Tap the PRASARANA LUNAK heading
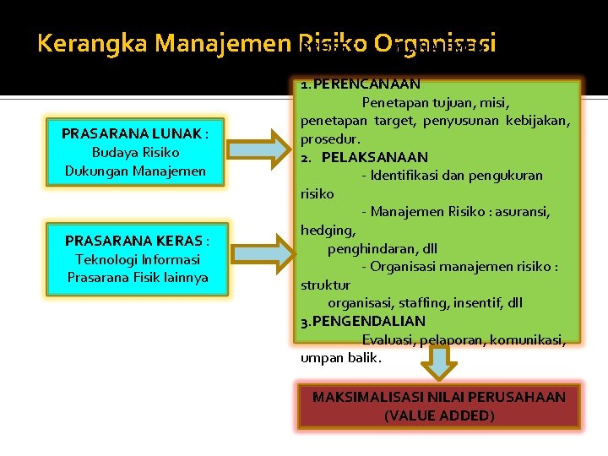(135, 133)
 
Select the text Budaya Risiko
(135, 152)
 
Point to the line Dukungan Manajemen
(135, 171)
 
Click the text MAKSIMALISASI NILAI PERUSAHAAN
(439, 397)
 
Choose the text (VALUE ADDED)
(439, 415)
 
